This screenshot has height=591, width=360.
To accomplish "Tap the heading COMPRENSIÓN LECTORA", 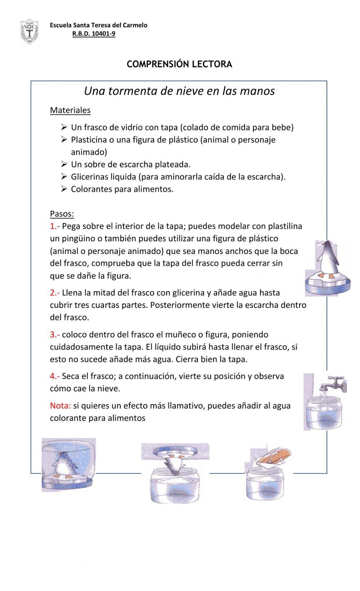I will click(179, 64).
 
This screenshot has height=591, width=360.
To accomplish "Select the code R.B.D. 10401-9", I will click(94, 34).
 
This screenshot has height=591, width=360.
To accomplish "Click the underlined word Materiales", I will click(70, 110).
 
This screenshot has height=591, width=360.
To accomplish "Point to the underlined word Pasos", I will click(62, 214).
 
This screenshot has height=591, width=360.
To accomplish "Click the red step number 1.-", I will click(55, 226).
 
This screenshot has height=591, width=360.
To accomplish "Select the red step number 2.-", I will click(55, 293).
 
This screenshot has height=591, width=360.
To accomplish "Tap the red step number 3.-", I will click(55, 335).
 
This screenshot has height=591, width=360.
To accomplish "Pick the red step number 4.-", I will click(55, 376).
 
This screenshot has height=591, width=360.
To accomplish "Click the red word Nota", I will click(60, 406).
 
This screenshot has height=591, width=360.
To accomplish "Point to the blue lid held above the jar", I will click(175, 451).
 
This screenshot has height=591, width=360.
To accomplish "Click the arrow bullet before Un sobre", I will click(64, 164).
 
